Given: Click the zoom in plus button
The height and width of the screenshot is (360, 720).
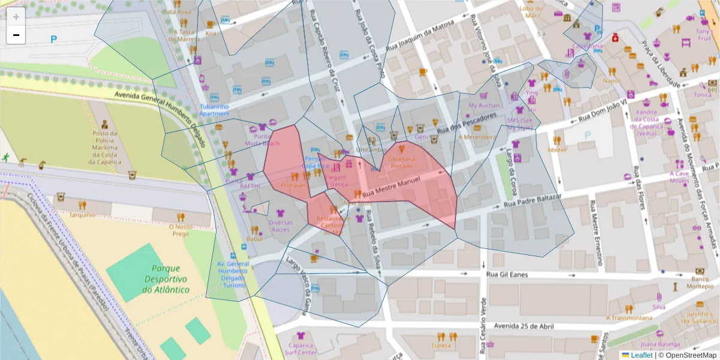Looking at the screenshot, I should [16, 17].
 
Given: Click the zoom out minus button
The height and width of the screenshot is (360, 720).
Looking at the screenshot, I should [16, 35].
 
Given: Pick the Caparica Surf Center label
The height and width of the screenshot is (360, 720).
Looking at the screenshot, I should [299, 349].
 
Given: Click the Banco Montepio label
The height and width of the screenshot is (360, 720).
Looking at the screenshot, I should [700, 283].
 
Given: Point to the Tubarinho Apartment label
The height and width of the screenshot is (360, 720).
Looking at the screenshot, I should [214, 110].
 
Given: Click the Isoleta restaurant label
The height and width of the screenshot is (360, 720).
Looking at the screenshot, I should [441, 346].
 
